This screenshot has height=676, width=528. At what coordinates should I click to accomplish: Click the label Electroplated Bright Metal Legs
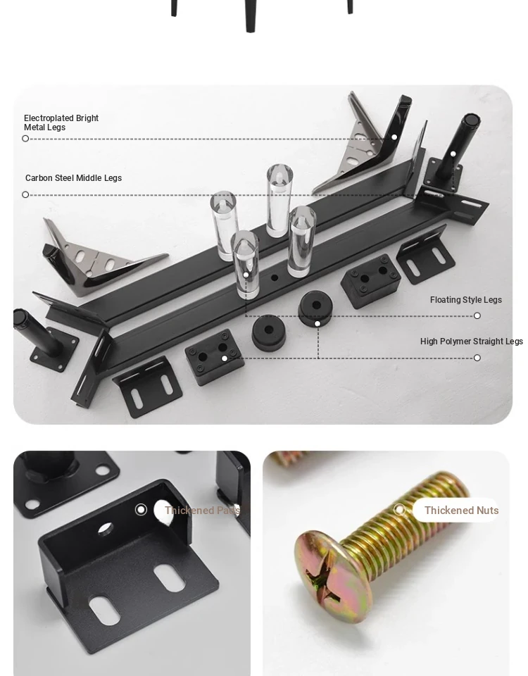[x=61, y=123]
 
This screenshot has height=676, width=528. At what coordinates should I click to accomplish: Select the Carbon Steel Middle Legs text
[x=73, y=178]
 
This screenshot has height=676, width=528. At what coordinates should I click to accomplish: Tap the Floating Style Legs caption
[x=466, y=300]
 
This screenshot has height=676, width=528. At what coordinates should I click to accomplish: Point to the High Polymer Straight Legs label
[x=472, y=342]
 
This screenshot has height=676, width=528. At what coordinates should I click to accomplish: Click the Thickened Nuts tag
[x=461, y=511]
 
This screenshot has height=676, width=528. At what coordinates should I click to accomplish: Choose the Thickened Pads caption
[x=202, y=511]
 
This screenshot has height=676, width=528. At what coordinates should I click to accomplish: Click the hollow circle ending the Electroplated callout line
[x=25, y=139]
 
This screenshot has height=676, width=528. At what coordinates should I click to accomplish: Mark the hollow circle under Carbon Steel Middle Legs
[x=25, y=194]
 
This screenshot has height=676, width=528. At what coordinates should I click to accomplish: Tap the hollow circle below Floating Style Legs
[x=477, y=315]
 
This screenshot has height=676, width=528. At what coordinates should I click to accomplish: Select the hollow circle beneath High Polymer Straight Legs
[x=477, y=358]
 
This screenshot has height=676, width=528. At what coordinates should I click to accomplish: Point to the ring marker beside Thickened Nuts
[x=400, y=510]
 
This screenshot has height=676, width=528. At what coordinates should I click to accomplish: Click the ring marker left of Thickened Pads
[x=141, y=510]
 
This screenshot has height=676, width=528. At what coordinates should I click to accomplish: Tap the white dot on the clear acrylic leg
[x=246, y=275]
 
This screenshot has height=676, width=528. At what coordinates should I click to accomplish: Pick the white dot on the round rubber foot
[x=318, y=323]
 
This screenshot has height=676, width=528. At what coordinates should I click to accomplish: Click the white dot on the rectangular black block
[x=224, y=358]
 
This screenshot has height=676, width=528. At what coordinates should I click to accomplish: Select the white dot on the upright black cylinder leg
[x=453, y=154]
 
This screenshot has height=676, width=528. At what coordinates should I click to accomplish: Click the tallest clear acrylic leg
[x=279, y=200]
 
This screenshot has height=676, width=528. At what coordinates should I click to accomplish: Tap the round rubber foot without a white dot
[x=268, y=332]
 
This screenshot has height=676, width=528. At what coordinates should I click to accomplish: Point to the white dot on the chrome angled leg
[x=394, y=137]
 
